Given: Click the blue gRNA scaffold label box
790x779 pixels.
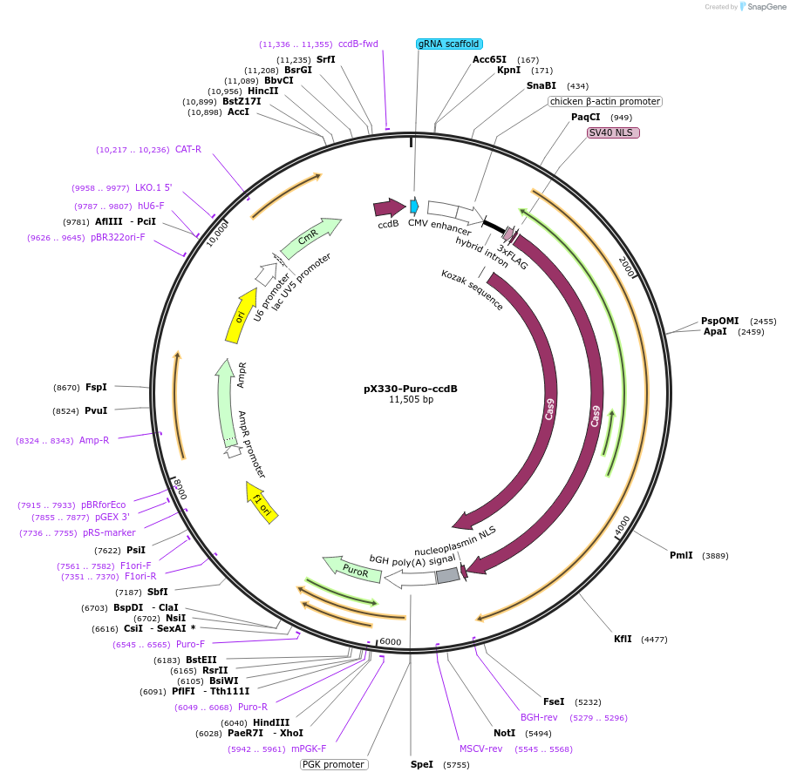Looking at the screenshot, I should (x=449, y=44).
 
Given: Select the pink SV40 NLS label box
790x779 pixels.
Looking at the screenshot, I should (x=613, y=132).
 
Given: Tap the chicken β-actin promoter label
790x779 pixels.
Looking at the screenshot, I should (x=604, y=101).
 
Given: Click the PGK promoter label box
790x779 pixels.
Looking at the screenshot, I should (x=333, y=764).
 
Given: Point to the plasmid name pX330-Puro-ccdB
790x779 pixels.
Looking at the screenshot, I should (x=411, y=389).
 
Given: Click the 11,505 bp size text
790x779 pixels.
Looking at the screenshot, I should (x=411, y=400).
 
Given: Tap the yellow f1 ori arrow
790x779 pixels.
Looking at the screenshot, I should (x=262, y=502).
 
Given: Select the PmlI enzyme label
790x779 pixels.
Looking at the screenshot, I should (x=681, y=555).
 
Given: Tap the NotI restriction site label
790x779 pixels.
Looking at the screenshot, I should (x=504, y=733).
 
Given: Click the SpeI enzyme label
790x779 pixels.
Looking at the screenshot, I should (x=421, y=764).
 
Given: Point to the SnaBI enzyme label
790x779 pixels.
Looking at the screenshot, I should (x=541, y=85).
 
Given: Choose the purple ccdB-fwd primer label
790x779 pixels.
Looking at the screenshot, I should (x=358, y=44).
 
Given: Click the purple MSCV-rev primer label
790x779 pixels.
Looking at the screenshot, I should (x=481, y=749).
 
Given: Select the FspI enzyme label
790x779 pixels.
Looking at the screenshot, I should (x=96, y=387).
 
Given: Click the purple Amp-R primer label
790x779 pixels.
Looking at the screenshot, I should (x=94, y=440).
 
